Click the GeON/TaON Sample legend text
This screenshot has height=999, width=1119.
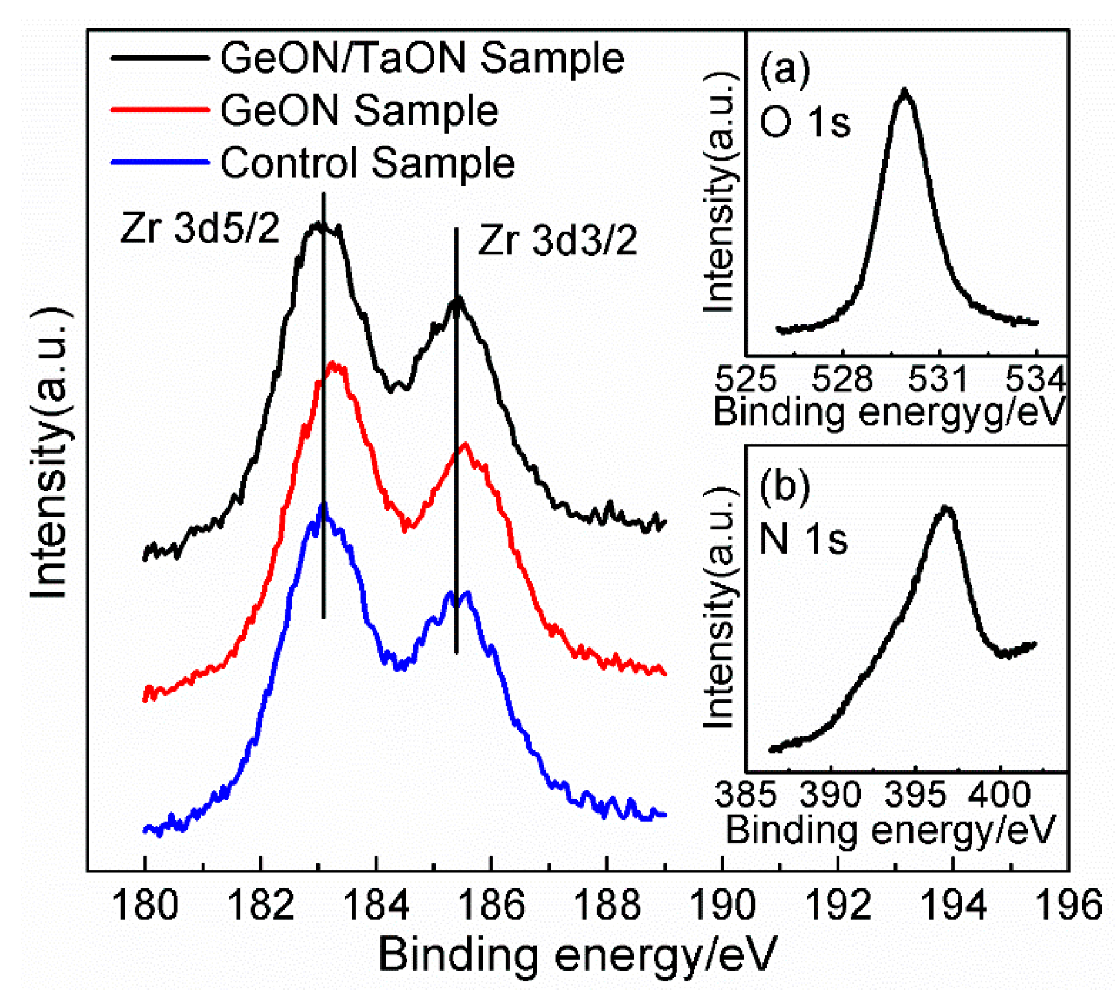(x=421, y=58)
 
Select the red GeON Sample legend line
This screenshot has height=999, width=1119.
(x=159, y=110)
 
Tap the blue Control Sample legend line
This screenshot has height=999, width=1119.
(x=159, y=162)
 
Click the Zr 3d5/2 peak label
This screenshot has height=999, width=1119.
(x=199, y=228)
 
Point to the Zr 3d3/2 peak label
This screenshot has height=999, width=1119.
(x=557, y=241)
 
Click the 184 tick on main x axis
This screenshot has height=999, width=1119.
(x=376, y=905)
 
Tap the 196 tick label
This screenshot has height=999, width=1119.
(x=1068, y=905)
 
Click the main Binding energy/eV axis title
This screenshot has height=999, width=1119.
(x=577, y=954)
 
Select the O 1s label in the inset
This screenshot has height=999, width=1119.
(x=805, y=122)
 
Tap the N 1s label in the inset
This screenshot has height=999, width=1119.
(x=803, y=538)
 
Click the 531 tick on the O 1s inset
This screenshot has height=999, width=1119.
(x=938, y=379)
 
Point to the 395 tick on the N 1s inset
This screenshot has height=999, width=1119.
(x=915, y=795)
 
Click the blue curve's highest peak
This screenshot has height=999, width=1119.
(x=323, y=506)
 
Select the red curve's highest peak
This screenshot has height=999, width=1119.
(x=333, y=364)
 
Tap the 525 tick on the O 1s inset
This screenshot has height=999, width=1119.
(x=746, y=379)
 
